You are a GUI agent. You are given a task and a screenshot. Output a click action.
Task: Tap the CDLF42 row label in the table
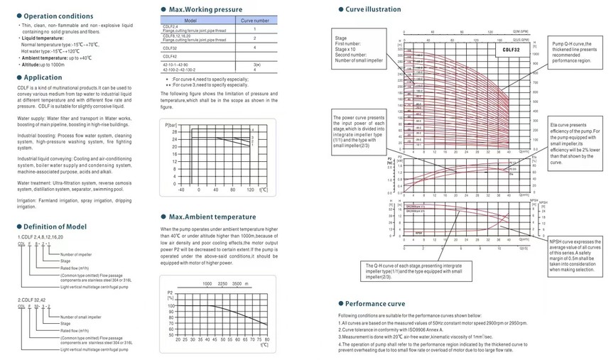click(x=171, y=55)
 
